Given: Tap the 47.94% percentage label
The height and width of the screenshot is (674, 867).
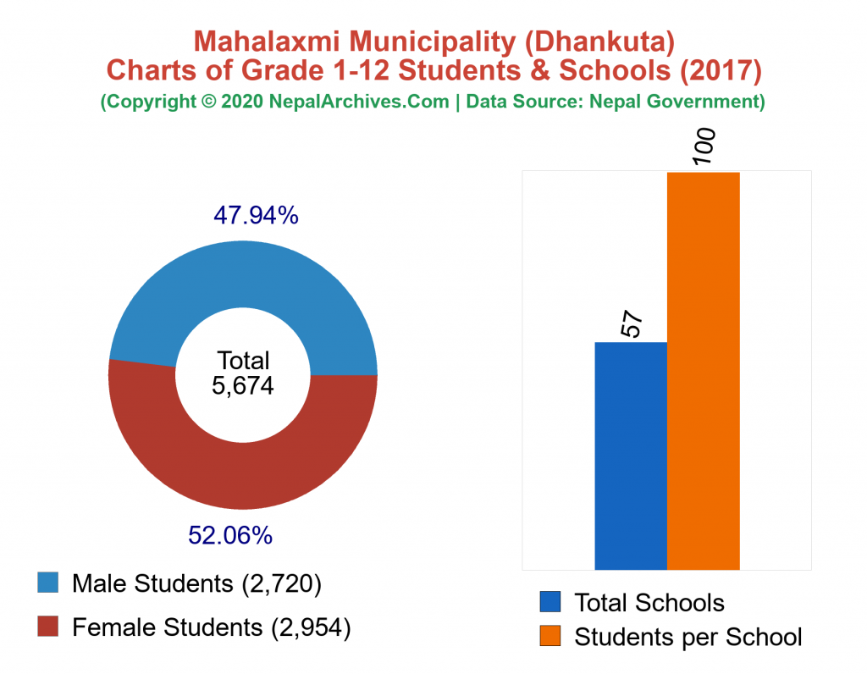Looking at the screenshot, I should (x=255, y=216).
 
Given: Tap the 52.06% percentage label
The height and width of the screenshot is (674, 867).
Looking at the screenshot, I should (x=229, y=535).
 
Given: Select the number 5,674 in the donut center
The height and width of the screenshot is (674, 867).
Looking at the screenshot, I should (x=243, y=386).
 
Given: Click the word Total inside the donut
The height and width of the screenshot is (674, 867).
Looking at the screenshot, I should (x=243, y=360).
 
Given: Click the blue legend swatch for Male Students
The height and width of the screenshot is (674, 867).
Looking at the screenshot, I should (x=48, y=583).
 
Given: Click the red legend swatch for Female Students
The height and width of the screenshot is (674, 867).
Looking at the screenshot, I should (x=48, y=627).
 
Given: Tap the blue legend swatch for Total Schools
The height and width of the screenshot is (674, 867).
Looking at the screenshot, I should (x=550, y=602).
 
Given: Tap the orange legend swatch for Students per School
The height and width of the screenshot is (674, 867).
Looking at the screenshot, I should (x=550, y=636).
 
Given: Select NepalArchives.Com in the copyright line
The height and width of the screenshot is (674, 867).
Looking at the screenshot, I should (x=359, y=102).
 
